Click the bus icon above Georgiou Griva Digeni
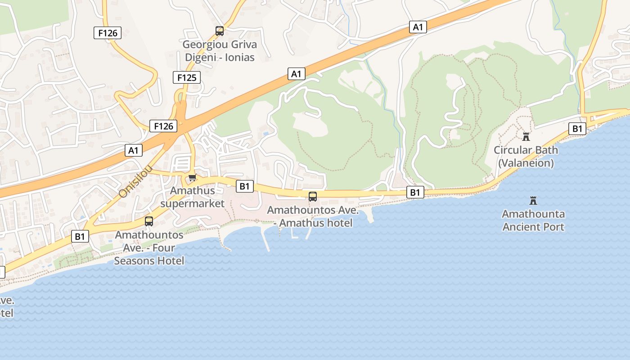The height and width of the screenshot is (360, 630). click(x=220, y=31)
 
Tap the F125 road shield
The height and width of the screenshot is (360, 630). click(x=187, y=77)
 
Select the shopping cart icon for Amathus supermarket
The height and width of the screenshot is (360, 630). click(x=193, y=177)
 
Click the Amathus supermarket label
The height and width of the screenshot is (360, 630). click(x=192, y=197)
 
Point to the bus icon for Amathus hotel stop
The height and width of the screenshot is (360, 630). click(x=312, y=196)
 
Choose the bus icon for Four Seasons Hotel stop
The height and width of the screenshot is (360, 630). click(x=149, y=221)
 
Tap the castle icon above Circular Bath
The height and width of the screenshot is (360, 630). click(x=526, y=136)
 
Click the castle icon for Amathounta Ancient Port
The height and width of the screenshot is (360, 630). click(x=533, y=200)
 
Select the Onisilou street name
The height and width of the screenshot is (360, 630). click(x=136, y=181)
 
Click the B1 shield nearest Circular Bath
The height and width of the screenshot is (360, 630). click(x=577, y=129)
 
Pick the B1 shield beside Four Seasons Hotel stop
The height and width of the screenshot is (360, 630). click(x=80, y=236)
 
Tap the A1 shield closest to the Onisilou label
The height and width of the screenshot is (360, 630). click(x=134, y=150)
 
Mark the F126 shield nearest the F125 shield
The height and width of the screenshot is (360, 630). click(x=163, y=126)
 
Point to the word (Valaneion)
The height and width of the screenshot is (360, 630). click(x=526, y=163)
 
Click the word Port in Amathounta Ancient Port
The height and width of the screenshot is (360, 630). click(x=553, y=226)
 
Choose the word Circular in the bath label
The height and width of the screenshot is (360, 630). click(x=513, y=150)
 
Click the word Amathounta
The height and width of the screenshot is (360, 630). click(x=533, y=214)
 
